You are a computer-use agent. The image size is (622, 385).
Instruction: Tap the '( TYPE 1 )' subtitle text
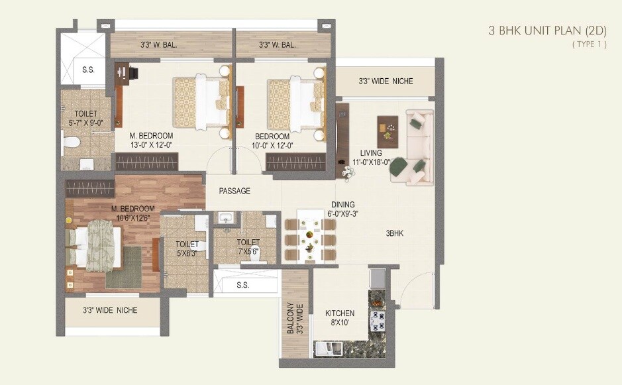(x=588, y=44)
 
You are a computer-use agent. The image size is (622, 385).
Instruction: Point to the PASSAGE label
(x=234, y=191)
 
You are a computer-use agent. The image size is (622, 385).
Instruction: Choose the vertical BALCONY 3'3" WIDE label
(x=295, y=318)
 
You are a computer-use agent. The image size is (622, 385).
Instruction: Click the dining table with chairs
(x=310, y=237)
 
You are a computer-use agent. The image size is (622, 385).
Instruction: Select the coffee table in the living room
(x=388, y=131)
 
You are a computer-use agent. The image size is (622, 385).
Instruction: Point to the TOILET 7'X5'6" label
(x=248, y=247)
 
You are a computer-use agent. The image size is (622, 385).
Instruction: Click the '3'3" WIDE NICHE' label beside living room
(x=385, y=81)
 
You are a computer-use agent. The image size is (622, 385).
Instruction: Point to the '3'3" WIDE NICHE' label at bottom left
(x=110, y=309)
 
